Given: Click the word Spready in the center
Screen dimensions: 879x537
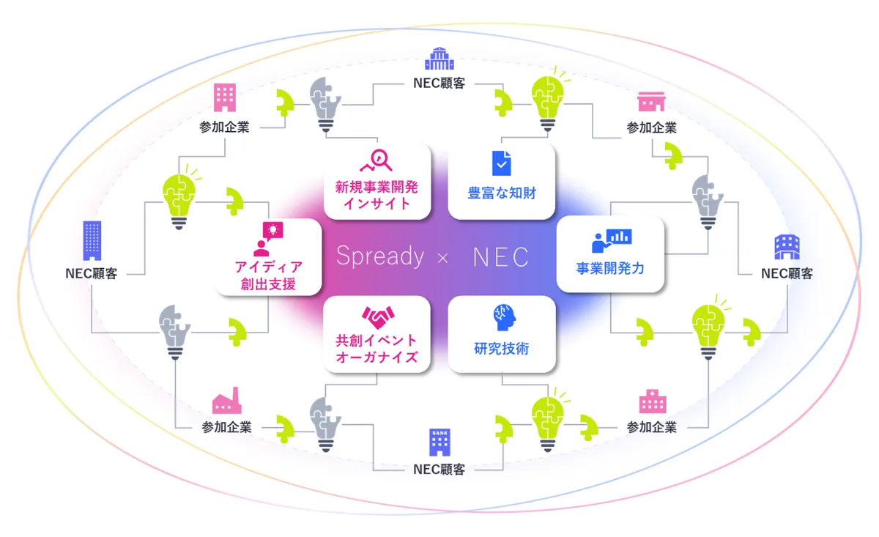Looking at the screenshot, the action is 380,256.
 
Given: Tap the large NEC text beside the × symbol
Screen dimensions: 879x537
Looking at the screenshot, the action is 501,257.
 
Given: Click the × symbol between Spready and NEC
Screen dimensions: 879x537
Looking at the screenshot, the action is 442,258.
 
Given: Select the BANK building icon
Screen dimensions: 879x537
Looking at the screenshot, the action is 439,442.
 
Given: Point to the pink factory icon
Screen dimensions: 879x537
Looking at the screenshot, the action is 227,401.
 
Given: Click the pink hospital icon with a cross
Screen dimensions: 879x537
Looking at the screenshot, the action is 653,401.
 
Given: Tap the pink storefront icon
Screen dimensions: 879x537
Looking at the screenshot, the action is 651,102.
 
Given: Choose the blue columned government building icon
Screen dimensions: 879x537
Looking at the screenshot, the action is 439,59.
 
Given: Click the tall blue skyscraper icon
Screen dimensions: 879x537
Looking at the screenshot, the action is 92,240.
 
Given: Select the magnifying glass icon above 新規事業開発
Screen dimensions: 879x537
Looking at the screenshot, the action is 376,160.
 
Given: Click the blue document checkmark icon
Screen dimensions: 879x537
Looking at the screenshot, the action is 502,163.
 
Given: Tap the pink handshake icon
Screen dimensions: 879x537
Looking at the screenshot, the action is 378,317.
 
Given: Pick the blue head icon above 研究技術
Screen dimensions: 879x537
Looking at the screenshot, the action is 504,317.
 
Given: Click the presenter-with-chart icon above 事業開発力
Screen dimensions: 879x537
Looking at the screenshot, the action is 612,240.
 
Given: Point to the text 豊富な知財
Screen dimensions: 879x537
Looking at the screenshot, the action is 502,193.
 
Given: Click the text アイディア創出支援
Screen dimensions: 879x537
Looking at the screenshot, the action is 268,275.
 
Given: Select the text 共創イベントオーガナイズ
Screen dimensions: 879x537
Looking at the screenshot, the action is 377,349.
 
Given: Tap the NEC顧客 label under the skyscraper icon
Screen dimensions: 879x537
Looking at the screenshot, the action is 92,273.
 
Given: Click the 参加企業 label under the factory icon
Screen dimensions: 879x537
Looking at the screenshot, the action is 226,427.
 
